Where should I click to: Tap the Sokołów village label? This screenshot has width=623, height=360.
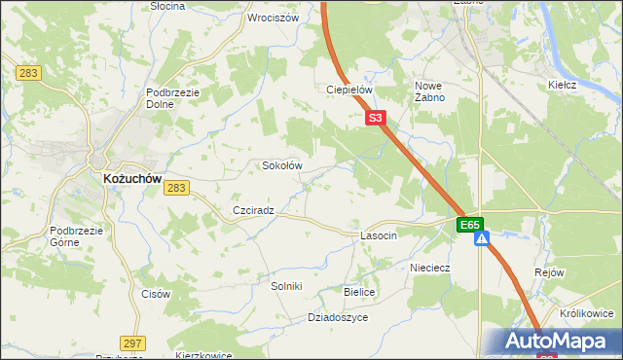[282, 165]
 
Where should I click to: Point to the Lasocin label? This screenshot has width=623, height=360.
[379, 236]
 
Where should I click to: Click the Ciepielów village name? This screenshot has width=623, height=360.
[349, 90]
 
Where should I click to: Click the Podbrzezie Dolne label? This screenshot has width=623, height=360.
[172, 98]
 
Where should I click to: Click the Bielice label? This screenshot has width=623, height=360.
[359, 292]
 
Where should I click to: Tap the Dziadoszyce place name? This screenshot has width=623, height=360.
[337, 317]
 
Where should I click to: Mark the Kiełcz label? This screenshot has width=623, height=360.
[563, 85]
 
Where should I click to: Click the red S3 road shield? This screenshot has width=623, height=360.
[378, 118]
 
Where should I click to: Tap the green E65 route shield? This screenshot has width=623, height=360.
[471, 225]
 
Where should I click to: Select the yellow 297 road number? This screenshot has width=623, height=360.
[133, 342]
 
